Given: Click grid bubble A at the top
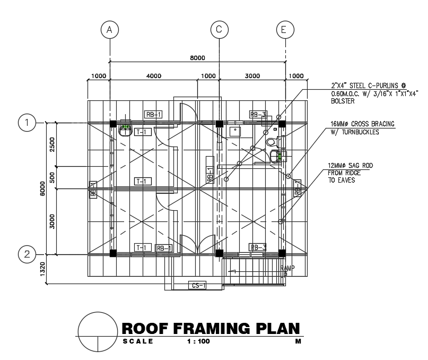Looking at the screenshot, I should pyautogui.click(x=110, y=30).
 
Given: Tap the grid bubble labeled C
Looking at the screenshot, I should pyautogui.click(x=219, y=30).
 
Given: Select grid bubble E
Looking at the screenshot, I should pyautogui.click(x=284, y=30).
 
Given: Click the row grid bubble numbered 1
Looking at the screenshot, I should pyautogui.click(x=27, y=123).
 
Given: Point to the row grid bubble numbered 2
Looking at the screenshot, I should pyautogui.click(x=27, y=254).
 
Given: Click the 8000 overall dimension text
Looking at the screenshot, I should pyautogui.click(x=197, y=58).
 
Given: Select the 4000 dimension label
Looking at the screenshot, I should pyautogui.click(x=153, y=76).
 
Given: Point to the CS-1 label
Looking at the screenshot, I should pyautogui.click(x=197, y=287).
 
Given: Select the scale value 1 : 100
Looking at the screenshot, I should pyautogui.click(x=198, y=341).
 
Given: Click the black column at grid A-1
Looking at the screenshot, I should pyautogui.click(x=113, y=124).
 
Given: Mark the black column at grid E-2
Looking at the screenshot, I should pyautogui.click(x=282, y=253).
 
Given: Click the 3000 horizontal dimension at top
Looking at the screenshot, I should pyautogui.click(x=252, y=76).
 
